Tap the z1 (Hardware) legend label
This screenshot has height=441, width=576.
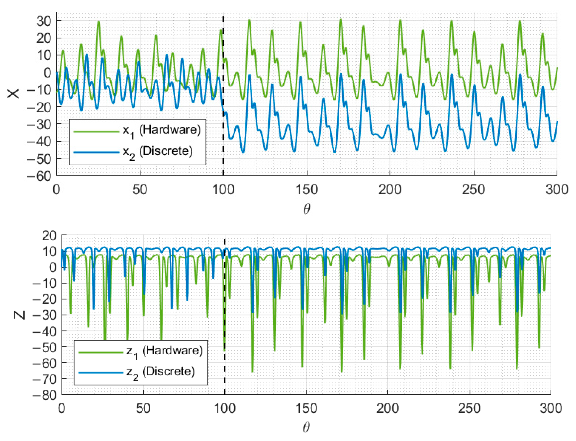[x=165, y=351]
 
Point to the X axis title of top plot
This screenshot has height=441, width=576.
[x=13, y=93]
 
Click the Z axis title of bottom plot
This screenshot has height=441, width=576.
[x=19, y=315]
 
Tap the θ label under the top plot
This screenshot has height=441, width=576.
[x=306, y=209]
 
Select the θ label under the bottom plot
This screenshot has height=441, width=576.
[x=306, y=428]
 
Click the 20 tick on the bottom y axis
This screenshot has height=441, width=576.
[x=49, y=236]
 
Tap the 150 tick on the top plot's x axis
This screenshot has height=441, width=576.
[x=307, y=190]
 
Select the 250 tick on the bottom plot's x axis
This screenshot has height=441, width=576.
[x=469, y=409]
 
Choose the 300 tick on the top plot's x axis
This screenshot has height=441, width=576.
[x=557, y=190]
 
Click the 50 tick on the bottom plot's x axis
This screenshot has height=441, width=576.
[x=143, y=409]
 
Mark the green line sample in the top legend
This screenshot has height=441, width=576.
[x=96, y=131]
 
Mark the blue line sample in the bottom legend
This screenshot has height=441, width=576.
[x=101, y=373]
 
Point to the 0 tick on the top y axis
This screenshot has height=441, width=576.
[x=48, y=73]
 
